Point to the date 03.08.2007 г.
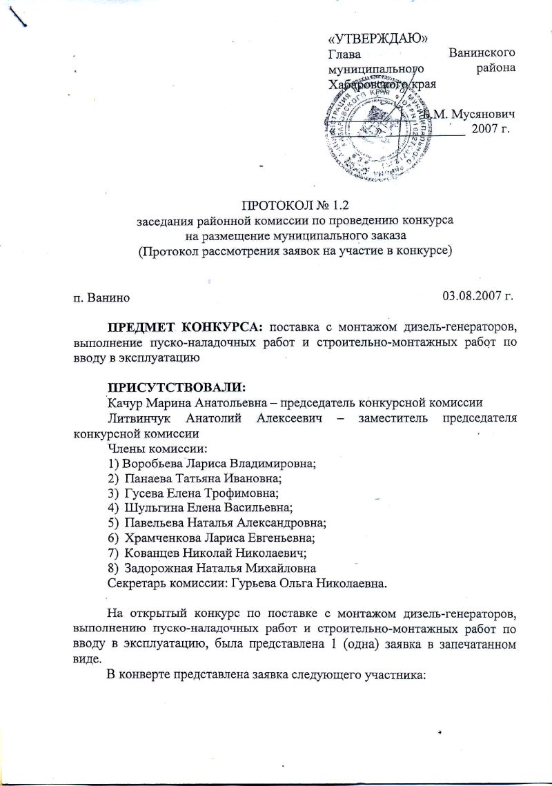tap(479, 297)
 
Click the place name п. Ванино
tap(101, 298)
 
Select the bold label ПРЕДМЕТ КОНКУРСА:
tap(184, 326)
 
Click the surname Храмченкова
tap(161, 539)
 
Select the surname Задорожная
tap(159, 569)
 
